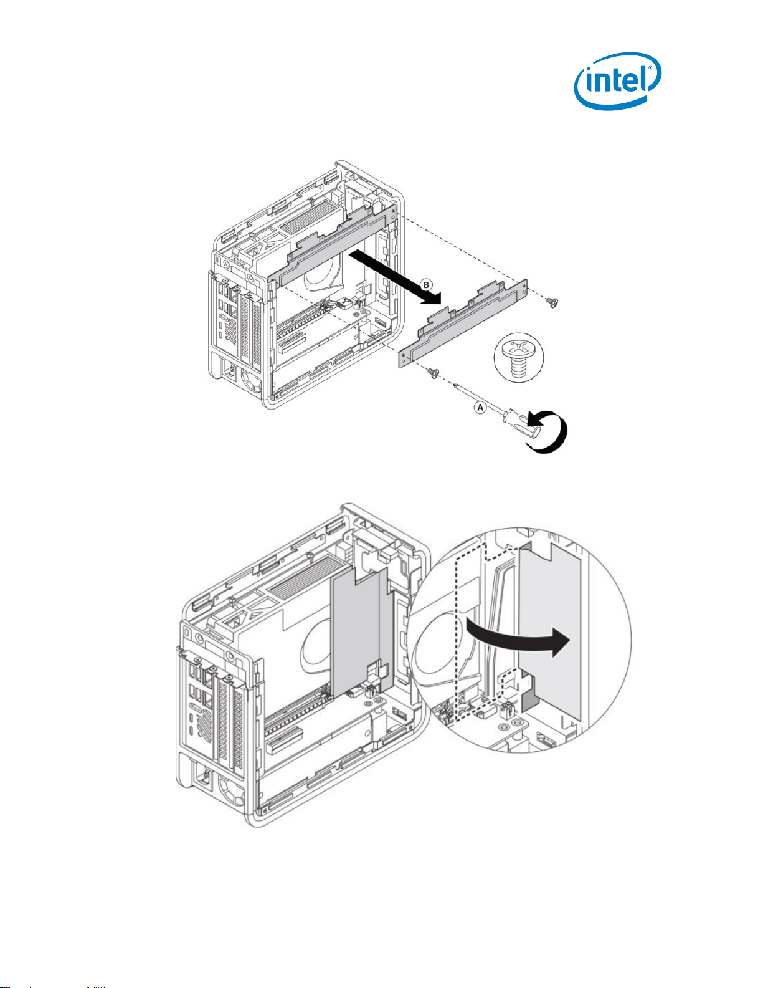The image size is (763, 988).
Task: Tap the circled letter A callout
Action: (479, 407)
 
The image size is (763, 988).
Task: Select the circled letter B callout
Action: (426, 285)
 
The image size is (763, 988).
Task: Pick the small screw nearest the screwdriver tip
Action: (433, 373)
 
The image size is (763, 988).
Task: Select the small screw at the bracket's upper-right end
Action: (551, 302)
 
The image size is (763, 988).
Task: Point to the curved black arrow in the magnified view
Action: (517, 647)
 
